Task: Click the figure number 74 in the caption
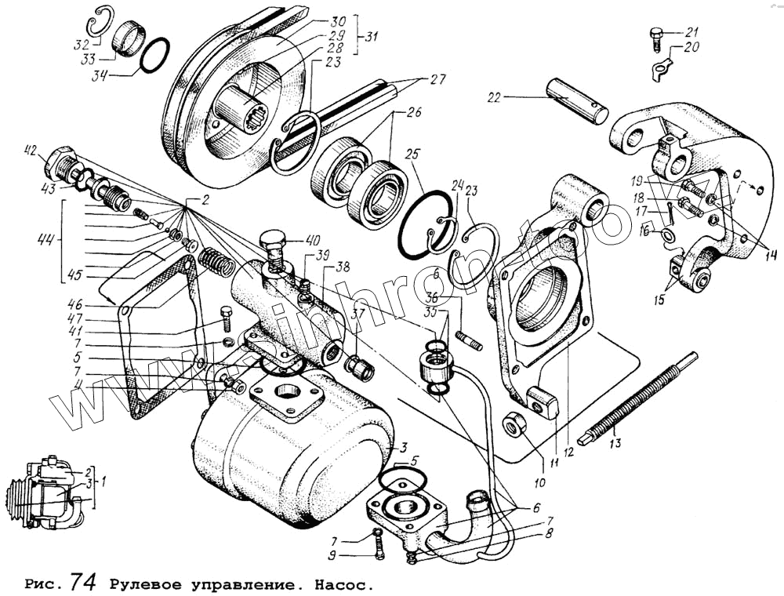pyautogui.click(x=83, y=582)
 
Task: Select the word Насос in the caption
pyautogui.click(x=340, y=584)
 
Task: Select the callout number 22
pyautogui.click(x=493, y=98)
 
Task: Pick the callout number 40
pyautogui.click(x=313, y=240)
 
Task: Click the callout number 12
pyautogui.click(x=568, y=452)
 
